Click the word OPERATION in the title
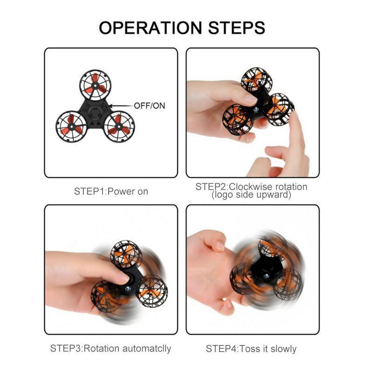[150, 28]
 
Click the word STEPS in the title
[237, 28]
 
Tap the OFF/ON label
[149, 106]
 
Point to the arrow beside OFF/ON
[121, 106]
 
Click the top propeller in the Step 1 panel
[95, 85]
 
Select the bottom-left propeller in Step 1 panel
[71, 126]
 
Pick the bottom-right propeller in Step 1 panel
[119, 126]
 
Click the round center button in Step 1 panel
[95, 112]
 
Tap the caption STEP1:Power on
[111, 192]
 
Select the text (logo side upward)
[251, 195]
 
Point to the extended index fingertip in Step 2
[295, 116]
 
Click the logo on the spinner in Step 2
[256, 110]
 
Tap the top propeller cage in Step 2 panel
[256, 80]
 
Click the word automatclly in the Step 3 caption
[147, 348]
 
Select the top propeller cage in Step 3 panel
[126, 254]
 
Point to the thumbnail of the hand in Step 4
[220, 246]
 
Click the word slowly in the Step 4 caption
[283, 349]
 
